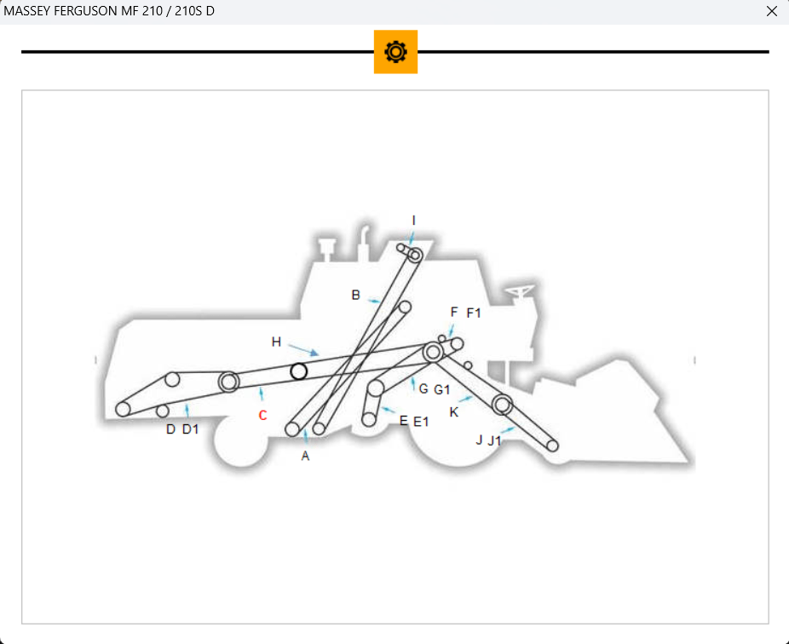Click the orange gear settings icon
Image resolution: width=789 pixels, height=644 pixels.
395,52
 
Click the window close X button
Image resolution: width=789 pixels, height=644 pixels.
772,11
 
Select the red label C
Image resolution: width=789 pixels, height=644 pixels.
262,416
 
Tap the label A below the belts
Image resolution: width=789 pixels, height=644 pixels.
305,457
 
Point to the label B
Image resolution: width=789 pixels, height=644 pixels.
356,295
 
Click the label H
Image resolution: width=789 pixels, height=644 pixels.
276,342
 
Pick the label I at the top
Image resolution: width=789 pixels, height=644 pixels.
413,221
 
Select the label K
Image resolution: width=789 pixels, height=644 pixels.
454,412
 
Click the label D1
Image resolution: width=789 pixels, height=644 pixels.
190,429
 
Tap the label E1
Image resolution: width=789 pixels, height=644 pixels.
421,422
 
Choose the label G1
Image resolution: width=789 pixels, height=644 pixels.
441,390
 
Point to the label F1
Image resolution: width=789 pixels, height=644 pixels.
474,313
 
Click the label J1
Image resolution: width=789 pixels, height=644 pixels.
494,440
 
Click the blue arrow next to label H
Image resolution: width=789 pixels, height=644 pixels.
304,348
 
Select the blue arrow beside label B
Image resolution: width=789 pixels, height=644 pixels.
373,300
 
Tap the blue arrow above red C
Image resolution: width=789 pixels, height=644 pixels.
262,394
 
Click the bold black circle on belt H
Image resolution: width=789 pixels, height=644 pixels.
299,371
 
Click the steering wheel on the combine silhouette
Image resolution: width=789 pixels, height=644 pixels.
520,293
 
